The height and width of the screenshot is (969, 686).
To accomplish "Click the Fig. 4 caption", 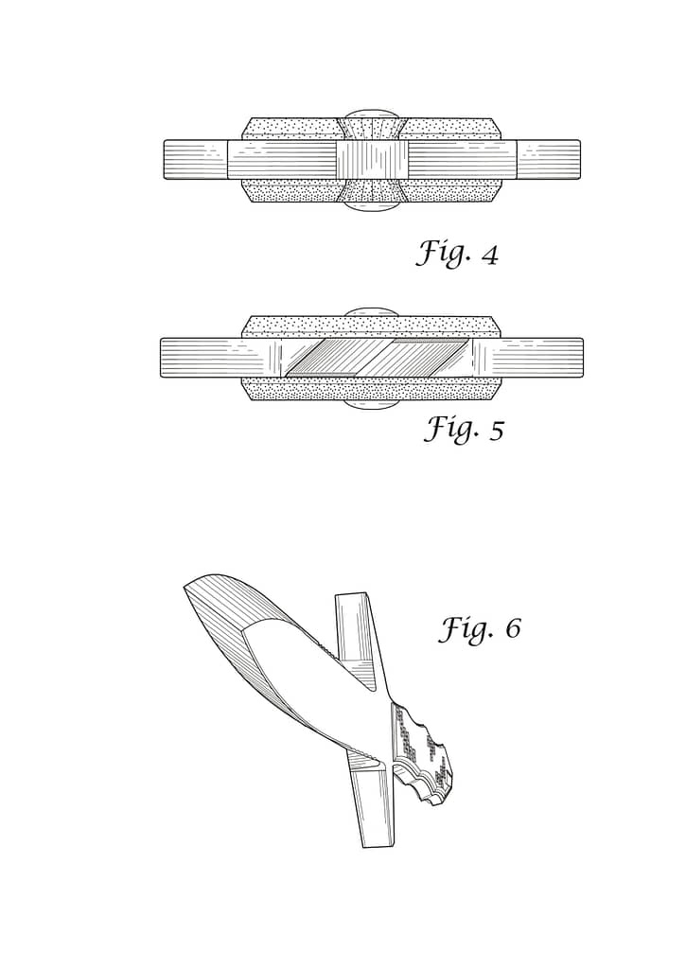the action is (x=457, y=254).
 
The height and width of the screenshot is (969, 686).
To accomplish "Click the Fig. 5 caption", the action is (x=464, y=429).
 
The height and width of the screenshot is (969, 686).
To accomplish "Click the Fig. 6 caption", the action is (x=481, y=628).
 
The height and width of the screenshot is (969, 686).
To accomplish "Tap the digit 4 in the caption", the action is (x=489, y=255).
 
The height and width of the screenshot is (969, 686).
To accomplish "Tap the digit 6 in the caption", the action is (x=513, y=629).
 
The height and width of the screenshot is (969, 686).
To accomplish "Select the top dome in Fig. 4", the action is (x=371, y=115).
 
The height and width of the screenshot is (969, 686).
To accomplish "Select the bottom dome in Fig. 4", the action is (x=371, y=206).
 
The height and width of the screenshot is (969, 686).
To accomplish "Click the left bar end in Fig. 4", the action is (x=196, y=160).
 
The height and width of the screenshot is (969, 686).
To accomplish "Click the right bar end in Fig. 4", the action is (x=549, y=160).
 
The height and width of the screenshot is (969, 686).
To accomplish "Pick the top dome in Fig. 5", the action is (x=371, y=312).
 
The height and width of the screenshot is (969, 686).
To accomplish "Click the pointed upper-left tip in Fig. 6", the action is (x=185, y=588).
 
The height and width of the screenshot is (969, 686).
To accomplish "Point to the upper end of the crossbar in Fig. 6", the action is (x=352, y=597).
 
